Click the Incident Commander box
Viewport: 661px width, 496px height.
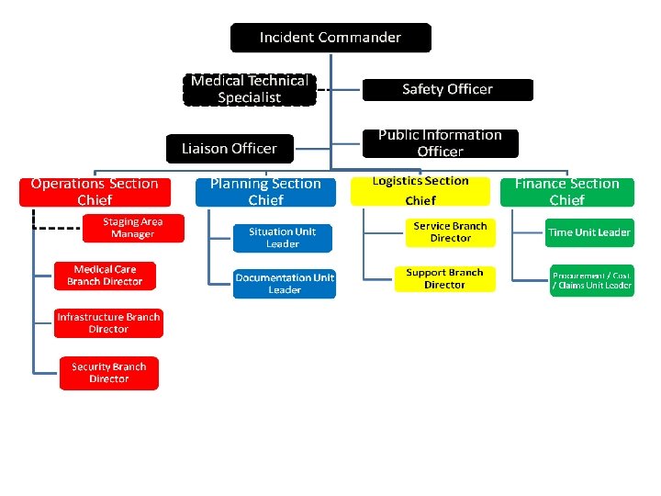330,38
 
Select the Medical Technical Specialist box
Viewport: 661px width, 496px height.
250,89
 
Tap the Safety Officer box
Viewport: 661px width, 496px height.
447,89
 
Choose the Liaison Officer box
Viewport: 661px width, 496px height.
229,148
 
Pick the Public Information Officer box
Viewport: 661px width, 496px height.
440,143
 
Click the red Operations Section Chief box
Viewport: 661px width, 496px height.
95,191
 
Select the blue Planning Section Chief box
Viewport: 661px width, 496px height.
265,191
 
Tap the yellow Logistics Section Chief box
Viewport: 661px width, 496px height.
420,191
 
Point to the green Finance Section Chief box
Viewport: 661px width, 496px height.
566,191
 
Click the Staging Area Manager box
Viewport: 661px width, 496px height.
133,228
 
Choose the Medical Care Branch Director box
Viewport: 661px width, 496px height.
105,276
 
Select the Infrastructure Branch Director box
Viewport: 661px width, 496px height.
108,323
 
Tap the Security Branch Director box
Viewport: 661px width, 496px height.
108,373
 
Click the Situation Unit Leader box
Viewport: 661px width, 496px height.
283,237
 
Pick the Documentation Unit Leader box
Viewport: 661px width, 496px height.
285,283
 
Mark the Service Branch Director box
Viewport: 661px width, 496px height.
450,231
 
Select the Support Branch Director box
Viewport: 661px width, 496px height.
444,278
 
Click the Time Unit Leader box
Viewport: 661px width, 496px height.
588,232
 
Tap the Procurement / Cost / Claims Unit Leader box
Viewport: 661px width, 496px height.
591,279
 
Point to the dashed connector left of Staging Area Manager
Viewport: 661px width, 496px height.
57,228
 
